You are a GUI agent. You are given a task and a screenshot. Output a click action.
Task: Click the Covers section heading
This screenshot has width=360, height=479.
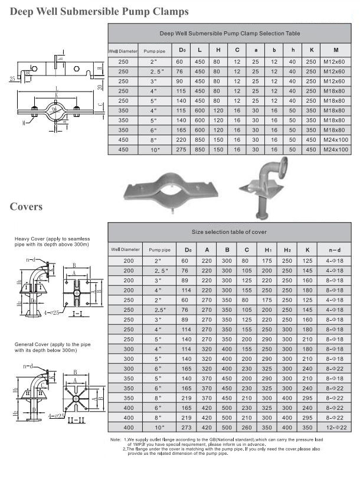[26, 207]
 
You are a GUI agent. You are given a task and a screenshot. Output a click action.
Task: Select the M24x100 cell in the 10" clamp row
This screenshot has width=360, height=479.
[335, 150]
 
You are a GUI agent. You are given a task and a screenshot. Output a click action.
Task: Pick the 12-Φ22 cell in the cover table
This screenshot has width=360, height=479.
[335, 426]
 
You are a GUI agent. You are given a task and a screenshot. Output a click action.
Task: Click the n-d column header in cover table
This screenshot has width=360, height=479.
[335, 250]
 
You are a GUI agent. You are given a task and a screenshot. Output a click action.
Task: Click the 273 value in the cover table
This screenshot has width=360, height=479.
[186, 426]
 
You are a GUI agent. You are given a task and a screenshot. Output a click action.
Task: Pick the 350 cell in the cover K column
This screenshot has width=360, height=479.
[307, 426]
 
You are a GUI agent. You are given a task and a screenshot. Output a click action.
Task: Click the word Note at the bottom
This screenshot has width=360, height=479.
[116, 440]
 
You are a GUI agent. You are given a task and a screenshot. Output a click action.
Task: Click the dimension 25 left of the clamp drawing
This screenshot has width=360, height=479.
[12, 77]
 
